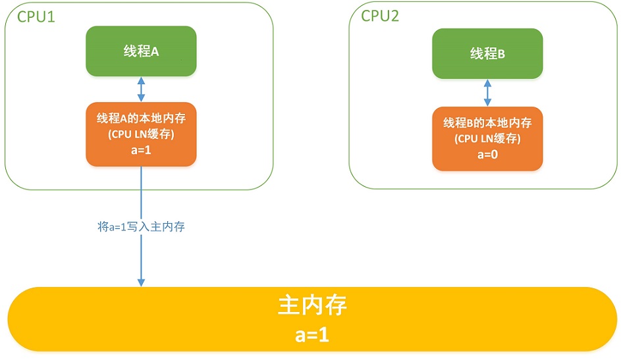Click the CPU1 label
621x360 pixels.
pos(36,16)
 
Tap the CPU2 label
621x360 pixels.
pos(380,16)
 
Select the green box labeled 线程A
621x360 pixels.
pos(141,51)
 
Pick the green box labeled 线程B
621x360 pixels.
pos(487,53)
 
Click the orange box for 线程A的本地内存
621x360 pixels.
pos(141,134)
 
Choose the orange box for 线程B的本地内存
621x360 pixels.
pos(487,138)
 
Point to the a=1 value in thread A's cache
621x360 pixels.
pos(141,150)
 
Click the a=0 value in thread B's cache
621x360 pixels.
pos(487,155)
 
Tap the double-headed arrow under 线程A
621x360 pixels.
pos(141,89)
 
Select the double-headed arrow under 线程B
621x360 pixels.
pos(487,93)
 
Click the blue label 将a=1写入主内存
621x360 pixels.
pos(141,226)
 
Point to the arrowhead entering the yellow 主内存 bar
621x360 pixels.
pos(141,282)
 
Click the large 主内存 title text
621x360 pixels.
pos(312,305)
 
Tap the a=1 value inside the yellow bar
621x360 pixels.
pos(312,335)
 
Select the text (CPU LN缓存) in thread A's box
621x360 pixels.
pos(141,134)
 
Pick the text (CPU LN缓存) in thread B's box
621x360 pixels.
pos(487,138)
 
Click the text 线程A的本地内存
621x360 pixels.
pos(141,118)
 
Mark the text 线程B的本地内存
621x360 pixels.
pos(487,122)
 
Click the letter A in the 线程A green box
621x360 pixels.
pos(155,51)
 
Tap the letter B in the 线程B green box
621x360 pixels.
pos(501,54)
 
